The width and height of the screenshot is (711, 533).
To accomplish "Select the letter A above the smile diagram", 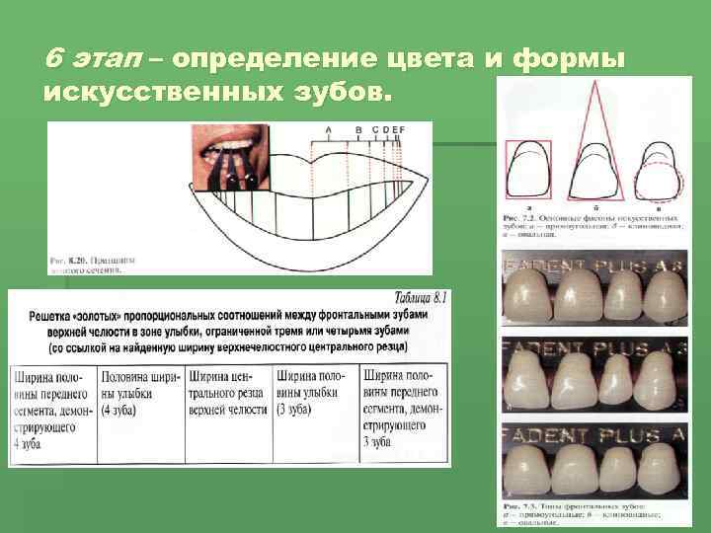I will [x=328, y=130].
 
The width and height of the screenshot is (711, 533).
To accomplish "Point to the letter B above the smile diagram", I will [x=359, y=130].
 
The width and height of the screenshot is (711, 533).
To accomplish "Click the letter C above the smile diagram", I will [x=373, y=130].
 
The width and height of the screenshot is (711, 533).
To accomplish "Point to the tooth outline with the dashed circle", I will [x=657, y=174].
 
